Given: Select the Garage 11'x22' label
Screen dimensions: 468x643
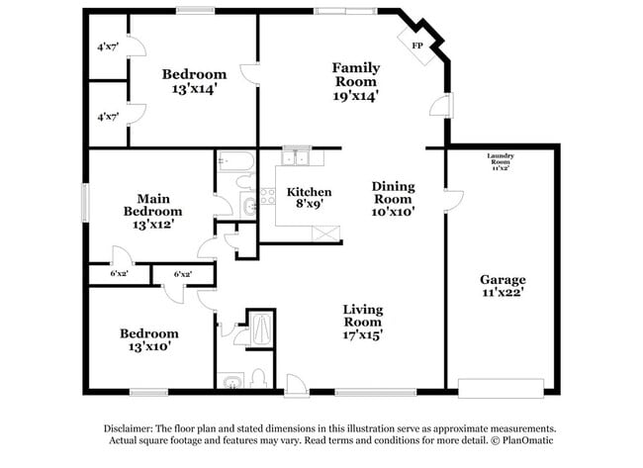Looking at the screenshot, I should click(503, 286).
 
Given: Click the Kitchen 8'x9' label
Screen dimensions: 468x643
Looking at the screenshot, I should click(309, 197).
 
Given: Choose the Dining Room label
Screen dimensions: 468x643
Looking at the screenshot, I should click(393, 198).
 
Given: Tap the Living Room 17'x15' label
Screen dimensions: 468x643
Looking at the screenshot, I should click(363, 322).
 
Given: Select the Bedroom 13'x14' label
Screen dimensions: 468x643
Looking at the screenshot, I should click(194, 81).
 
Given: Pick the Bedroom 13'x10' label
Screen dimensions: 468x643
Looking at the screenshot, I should click(148, 340).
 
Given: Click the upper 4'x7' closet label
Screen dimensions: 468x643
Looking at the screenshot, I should click(108, 47).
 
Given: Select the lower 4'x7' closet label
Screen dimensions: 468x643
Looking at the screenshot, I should click(108, 117).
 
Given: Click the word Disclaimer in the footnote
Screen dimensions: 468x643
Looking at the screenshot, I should click(132, 427).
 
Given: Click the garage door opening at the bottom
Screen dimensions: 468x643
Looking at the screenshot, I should click(503, 387).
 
